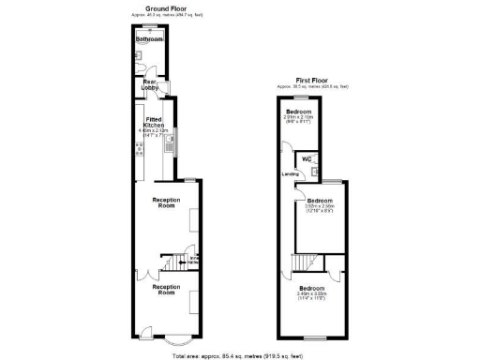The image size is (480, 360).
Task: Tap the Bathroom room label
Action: point(149,39)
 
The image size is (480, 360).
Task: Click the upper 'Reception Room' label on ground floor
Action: point(165,203)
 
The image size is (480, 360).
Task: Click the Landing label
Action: point(290,173)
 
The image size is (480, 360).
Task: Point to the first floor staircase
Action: point(303,262)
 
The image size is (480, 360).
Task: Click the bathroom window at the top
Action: point(150,26)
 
